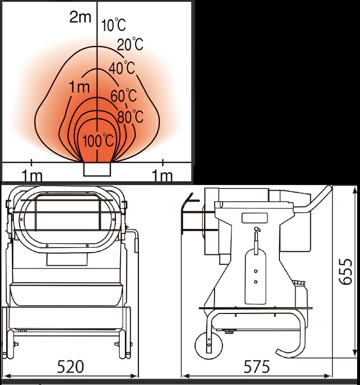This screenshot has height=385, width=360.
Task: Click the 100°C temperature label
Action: (98, 141)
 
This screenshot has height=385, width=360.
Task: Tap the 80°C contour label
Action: (130, 116)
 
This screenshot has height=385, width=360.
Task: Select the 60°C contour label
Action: (123, 95)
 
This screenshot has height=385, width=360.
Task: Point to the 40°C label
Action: (122, 68)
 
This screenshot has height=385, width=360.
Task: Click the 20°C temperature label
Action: (130, 44)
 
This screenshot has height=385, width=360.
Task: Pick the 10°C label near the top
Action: (113, 25)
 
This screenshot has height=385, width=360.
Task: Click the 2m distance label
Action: (80, 17)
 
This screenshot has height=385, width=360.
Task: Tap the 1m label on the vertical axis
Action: (80, 87)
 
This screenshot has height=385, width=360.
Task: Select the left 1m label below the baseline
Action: (32, 176)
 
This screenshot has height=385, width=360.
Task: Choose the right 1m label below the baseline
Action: (162, 176)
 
